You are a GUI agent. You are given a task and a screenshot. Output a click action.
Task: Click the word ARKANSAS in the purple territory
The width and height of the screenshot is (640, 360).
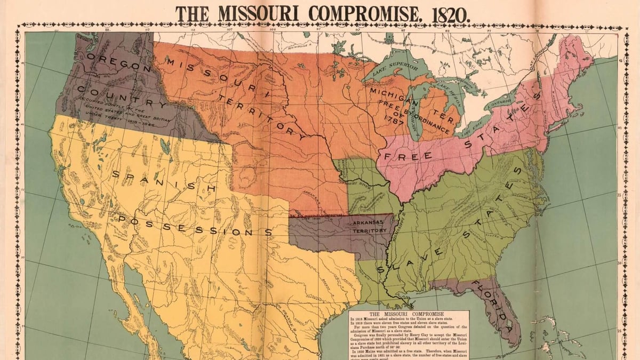369,223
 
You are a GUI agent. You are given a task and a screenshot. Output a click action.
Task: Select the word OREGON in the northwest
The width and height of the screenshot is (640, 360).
114,64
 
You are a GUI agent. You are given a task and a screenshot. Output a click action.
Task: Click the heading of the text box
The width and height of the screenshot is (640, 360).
409,314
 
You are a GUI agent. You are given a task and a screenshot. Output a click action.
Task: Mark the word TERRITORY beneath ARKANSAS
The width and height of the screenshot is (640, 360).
370,230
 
